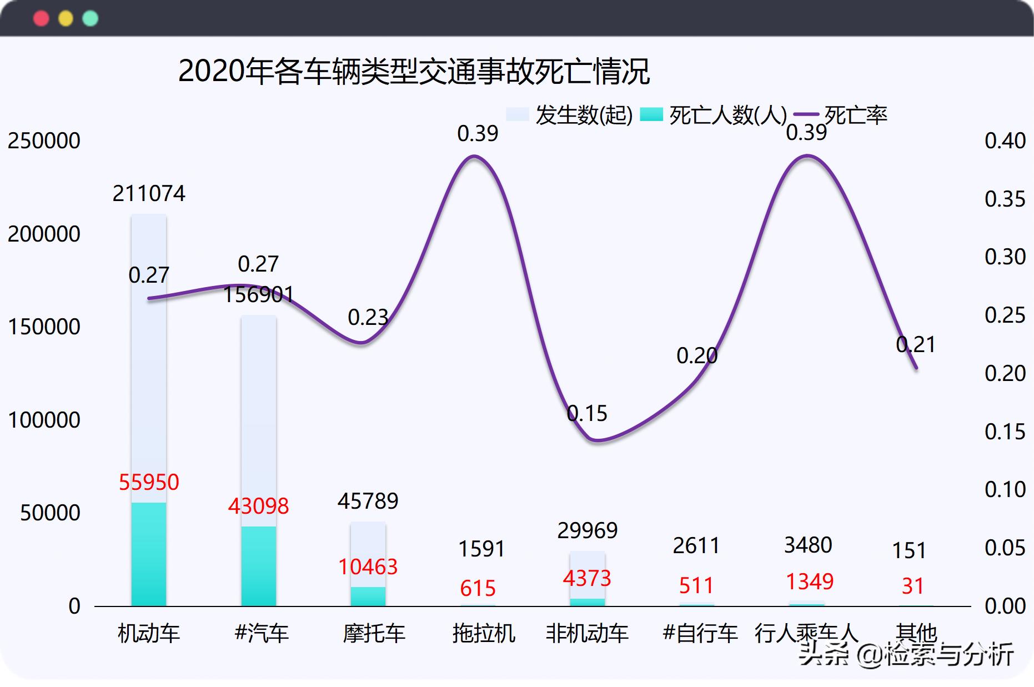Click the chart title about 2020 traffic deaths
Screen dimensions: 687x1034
[414, 72]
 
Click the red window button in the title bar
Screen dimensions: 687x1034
[41, 18]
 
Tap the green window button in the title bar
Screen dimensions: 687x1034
[90, 18]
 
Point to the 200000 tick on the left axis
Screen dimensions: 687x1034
[44, 234]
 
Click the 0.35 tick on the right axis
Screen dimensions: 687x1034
[1005, 199]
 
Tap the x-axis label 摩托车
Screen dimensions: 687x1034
[374, 633]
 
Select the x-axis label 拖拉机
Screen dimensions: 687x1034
[484, 633]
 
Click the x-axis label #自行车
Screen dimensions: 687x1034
[700, 633]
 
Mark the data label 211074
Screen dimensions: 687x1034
[149, 193]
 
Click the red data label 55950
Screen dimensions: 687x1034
[149, 482]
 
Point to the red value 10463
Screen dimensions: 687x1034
[368, 566]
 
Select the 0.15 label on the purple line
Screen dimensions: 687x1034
[587, 413]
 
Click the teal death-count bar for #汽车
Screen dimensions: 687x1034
[258, 566]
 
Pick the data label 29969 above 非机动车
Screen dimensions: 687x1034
[587, 530]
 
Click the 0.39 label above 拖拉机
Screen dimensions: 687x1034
[478, 133]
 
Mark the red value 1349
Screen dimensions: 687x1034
[809, 581]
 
